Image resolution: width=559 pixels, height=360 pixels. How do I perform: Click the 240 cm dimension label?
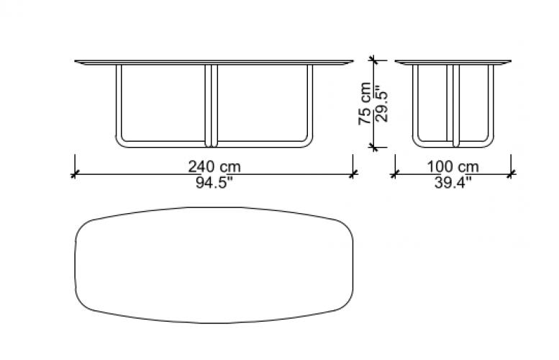(x=214, y=166)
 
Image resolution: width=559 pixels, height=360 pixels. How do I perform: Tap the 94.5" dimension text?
(x=214, y=183)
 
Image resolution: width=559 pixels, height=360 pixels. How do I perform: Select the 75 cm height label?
(x=364, y=104)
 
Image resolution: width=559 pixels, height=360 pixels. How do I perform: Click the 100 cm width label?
(x=453, y=166)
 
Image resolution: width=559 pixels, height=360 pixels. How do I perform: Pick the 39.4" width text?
(x=453, y=183)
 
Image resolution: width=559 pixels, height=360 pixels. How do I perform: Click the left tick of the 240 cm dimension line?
(x=75, y=174)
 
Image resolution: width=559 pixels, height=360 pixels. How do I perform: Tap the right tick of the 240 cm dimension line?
(x=353, y=174)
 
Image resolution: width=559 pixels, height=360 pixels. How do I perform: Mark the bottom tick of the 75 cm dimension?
(x=373, y=147)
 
